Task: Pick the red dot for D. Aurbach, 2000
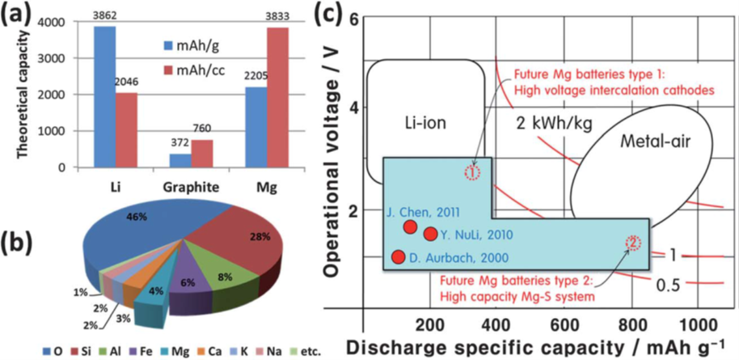(398, 257)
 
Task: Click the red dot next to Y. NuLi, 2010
(431, 234)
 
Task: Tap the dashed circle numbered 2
(632, 242)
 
